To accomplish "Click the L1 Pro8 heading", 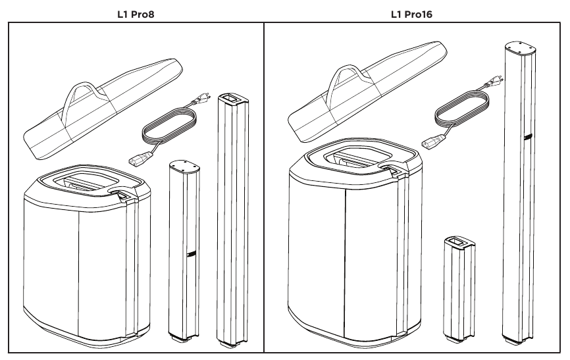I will pos(136,13).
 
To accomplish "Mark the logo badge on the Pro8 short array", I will pos(190,255).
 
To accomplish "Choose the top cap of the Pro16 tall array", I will pos(519,46).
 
